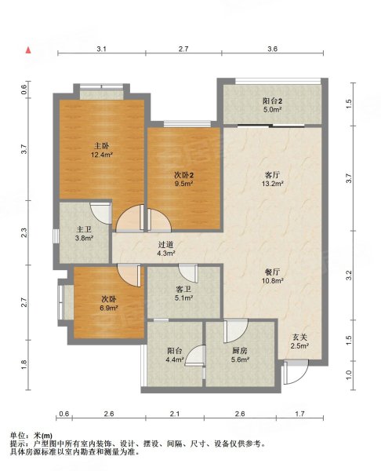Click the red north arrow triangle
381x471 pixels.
coord(28,50)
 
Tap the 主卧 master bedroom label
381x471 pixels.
coord(102,146)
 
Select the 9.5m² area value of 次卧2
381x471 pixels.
coord(184,183)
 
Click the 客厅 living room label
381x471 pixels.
coord(272,174)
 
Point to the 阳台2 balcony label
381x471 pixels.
coord(272,101)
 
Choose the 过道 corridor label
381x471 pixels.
coord(165,245)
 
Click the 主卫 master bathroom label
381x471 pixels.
coord(84,230)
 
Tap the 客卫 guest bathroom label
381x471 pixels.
coord(183,290)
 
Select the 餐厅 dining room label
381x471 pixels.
coord(272,272)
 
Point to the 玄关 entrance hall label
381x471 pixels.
coord(299,338)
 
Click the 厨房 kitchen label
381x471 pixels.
coord(240,351)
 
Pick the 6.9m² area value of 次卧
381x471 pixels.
coord(108,308)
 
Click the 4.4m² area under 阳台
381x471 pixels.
coord(175,359)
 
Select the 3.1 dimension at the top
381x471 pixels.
coord(101,49)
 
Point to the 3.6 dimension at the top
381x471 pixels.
coord(272,49)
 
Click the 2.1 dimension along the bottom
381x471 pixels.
coord(175,414)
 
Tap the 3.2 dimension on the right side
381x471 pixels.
coord(349,276)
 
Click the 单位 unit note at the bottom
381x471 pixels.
coord(18,435)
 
